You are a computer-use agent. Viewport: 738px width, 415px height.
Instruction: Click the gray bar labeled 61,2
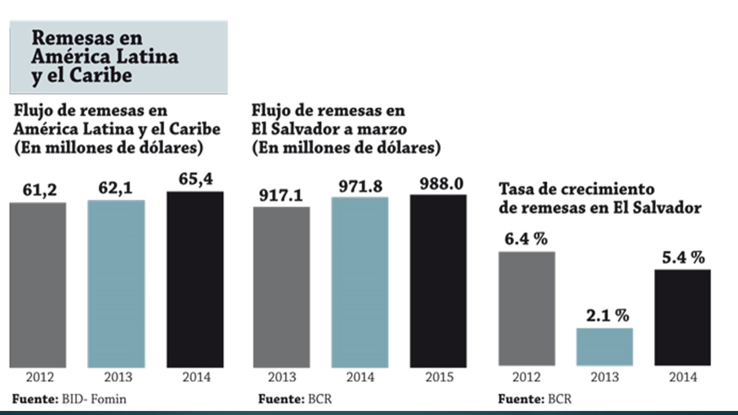(x=37, y=285)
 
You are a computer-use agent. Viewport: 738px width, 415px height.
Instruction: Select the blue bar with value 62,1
(x=116, y=284)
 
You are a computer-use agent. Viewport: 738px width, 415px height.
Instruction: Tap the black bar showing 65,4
(x=195, y=280)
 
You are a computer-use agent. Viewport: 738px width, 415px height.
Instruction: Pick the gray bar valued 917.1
(x=281, y=286)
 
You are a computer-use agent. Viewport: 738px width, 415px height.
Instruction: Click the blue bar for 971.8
(x=360, y=282)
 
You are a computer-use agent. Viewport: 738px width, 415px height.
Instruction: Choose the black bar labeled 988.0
(x=438, y=281)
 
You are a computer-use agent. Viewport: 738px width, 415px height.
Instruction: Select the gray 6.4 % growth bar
(x=526, y=308)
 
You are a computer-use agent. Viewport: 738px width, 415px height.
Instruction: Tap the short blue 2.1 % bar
(x=604, y=347)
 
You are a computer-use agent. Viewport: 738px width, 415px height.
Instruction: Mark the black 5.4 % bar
(x=683, y=317)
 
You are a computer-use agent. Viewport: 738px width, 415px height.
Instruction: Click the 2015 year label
(x=439, y=378)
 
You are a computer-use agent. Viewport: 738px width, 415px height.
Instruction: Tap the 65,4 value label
(x=195, y=179)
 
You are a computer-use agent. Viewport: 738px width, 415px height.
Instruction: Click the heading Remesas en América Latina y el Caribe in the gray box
(x=105, y=57)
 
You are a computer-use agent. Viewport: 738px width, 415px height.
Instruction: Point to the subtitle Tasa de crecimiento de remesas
(x=600, y=198)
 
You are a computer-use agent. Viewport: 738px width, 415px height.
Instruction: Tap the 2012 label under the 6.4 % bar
(x=526, y=378)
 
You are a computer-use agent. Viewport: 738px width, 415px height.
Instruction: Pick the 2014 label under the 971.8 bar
(x=360, y=378)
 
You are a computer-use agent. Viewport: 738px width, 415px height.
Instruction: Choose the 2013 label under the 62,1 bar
(x=117, y=378)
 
